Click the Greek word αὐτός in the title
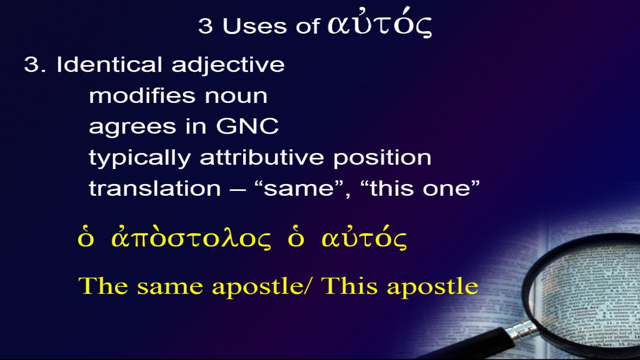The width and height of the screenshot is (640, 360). (x=379, y=23)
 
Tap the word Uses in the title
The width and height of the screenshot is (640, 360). (x=254, y=26)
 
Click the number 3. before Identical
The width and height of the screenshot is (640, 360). (x=35, y=65)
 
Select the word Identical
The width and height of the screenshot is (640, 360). (x=109, y=65)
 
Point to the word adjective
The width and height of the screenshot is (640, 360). (x=228, y=66)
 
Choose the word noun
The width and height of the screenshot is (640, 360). (x=236, y=97)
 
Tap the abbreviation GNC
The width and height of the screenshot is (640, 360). (x=247, y=126)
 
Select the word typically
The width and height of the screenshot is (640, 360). (x=140, y=158)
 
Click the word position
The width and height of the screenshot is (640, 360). (x=382, y=158)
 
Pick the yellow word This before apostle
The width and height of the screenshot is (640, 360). (x=349, y=286)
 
